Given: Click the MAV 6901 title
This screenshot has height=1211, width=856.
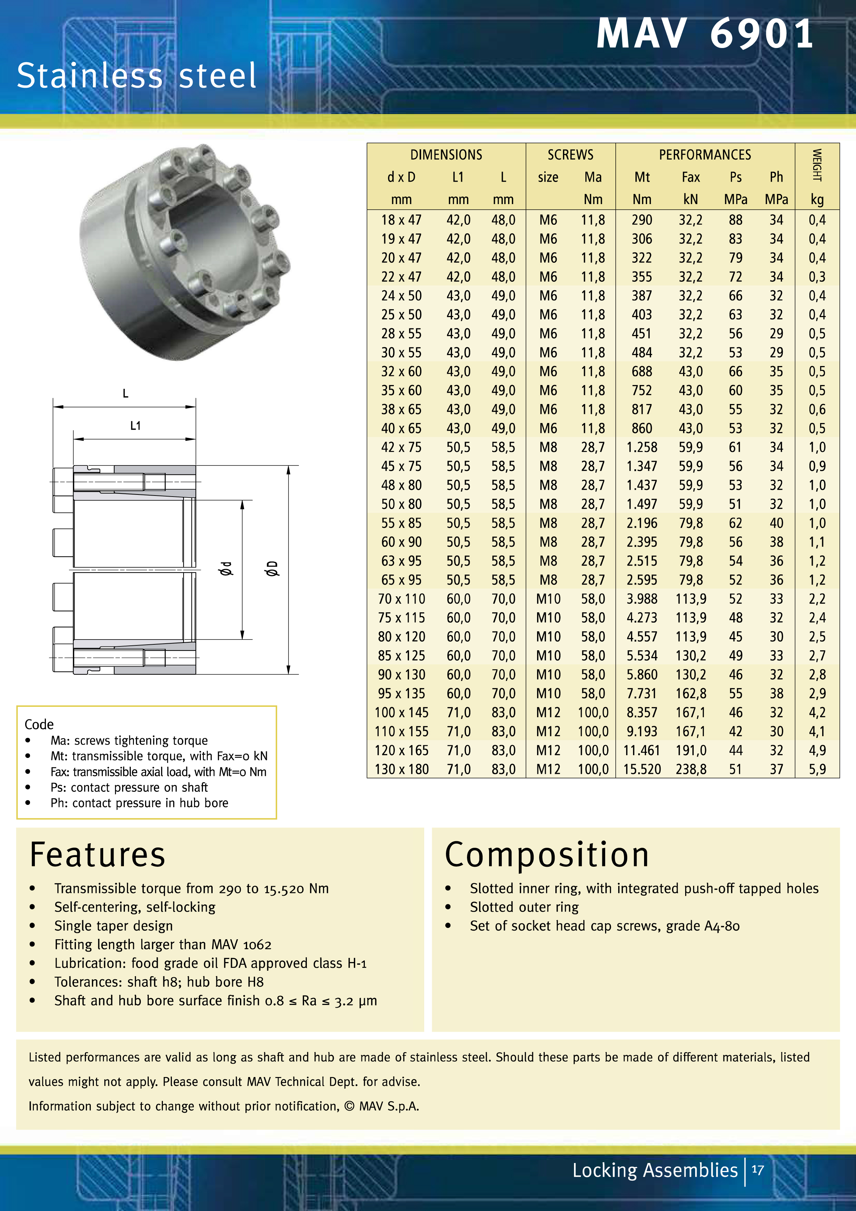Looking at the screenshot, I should click(x=705, y=34).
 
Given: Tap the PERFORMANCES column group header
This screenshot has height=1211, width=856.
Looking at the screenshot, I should click(x=705, y=155).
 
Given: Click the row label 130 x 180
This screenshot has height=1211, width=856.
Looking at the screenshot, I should click(x=402, y=770).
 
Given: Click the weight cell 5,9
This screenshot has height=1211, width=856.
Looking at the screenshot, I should click(x=817, y=770).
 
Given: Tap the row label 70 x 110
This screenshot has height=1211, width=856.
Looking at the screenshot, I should click(x=402, y=599).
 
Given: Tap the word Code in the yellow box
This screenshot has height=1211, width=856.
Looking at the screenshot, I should click(x=39, y=724).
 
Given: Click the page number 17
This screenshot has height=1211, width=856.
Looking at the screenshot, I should click(x=757, y=1170).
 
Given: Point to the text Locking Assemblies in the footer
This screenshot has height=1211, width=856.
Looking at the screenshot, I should click(x=655, y=1170).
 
